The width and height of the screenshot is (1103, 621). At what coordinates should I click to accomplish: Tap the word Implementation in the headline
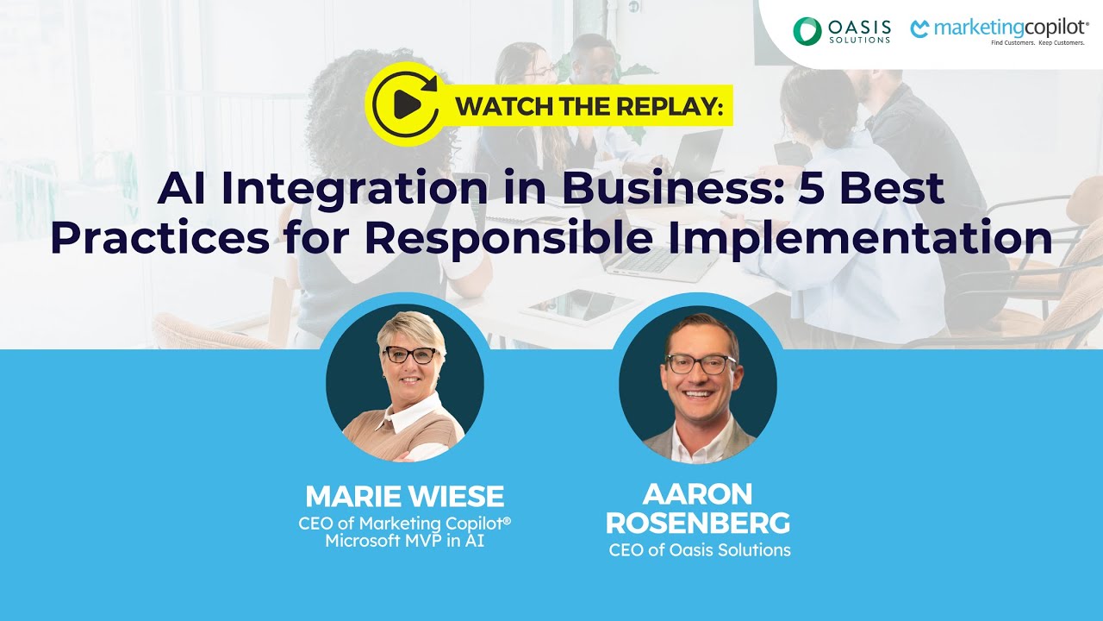click(x=862, y=238)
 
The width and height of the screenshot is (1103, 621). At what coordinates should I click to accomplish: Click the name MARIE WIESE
click(x=404, y=496)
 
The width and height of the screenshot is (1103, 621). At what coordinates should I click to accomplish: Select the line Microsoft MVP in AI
click(x=404, y=542)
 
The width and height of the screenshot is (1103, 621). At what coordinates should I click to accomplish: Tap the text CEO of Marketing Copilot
click(x=404, y=524)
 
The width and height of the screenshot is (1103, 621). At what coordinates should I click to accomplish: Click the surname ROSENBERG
click(x=698, y=523)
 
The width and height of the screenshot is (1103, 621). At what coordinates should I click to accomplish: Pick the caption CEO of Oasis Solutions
click(x=699, y=549)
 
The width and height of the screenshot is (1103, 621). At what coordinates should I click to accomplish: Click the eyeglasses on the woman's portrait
click(x=408, y=354)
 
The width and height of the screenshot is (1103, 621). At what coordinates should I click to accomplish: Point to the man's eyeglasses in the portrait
click(x=701, y=364)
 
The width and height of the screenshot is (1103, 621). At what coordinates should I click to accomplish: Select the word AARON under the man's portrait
click(x=698, y=494)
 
